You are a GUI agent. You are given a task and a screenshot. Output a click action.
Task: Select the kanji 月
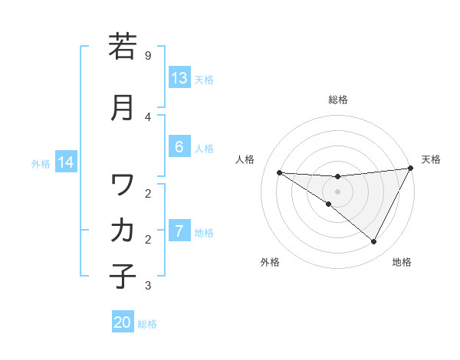click(x=123, y=106)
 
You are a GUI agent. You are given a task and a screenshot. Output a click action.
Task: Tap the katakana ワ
click(x=123, y=185)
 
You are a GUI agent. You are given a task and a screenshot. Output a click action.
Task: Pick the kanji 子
click(x=123, y=275)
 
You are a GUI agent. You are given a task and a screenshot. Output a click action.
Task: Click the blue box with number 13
click(x=179, y=78)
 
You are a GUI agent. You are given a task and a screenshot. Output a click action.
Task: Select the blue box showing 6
click(x=179, y=148)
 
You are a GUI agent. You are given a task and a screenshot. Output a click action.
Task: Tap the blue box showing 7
click(x=179, y=231)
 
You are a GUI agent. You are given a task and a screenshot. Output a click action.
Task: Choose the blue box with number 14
click(x=66, y=162)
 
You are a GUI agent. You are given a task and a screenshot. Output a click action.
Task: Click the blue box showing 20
click(x=123, y=322)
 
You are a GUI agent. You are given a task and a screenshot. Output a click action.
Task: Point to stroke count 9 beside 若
click(x=148, y=56)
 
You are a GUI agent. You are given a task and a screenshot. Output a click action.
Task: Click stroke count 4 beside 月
click(x=148, y=116)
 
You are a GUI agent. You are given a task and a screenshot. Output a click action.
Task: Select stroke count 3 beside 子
click(x=148, y=286)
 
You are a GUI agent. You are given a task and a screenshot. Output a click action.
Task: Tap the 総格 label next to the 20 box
click(x=147, y=324)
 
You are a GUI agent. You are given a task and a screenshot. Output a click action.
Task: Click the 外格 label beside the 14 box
click(x=40, y=163)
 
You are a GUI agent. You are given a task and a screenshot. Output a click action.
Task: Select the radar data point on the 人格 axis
click(x=280, y=172)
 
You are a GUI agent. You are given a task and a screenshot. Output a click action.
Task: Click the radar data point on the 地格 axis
click(x=374, y=242)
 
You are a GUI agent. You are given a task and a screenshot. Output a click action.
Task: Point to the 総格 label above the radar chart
click(x=338, y=100)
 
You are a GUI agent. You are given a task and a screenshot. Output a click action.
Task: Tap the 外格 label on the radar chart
click(x=270, y=262)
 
